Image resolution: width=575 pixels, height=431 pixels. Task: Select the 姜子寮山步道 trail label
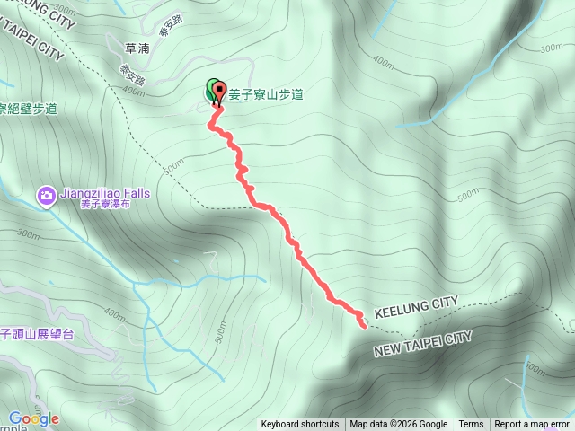point(266,92)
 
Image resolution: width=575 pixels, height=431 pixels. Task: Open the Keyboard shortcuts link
point(300,425)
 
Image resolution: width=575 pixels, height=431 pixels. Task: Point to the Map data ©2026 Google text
point(398,425)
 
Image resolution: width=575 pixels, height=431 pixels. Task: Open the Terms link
point(471,425)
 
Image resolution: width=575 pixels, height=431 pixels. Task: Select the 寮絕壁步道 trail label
point(29,109)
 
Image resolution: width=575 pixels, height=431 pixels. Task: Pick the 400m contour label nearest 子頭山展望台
point(114,317)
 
